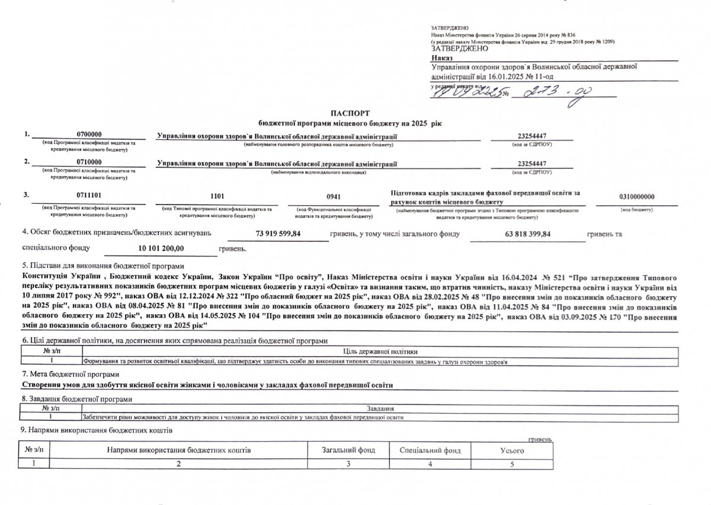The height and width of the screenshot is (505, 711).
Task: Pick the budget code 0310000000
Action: [636, 196]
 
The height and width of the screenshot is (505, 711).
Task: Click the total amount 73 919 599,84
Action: [278, 234]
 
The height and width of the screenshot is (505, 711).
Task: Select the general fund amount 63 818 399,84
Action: [526, 234]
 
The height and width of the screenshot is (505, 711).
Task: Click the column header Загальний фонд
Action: [348, 450]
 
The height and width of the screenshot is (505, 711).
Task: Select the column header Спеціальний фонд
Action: [430, 450]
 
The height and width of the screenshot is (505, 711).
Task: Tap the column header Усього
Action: [512, 450]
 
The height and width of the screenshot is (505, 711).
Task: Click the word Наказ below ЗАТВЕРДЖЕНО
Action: [441, 58]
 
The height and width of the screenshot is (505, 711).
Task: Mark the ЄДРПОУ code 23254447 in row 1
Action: [531, 136]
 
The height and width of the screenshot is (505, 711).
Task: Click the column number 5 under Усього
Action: [512, 463]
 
